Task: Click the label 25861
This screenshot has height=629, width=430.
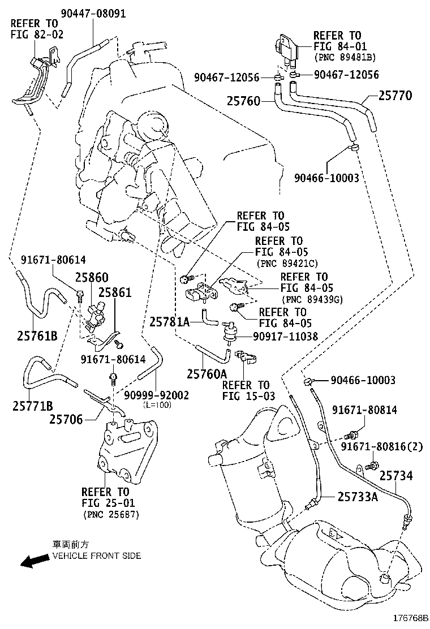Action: (115, 292)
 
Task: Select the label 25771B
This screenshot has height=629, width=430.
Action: (33, 406)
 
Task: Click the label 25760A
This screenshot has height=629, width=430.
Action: (207, 373)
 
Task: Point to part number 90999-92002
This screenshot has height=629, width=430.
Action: (156, 395)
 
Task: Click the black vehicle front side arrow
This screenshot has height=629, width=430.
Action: (33, 561)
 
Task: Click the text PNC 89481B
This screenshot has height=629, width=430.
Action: (345, 57)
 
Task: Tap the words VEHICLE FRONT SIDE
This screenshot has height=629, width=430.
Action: (97, 555)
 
